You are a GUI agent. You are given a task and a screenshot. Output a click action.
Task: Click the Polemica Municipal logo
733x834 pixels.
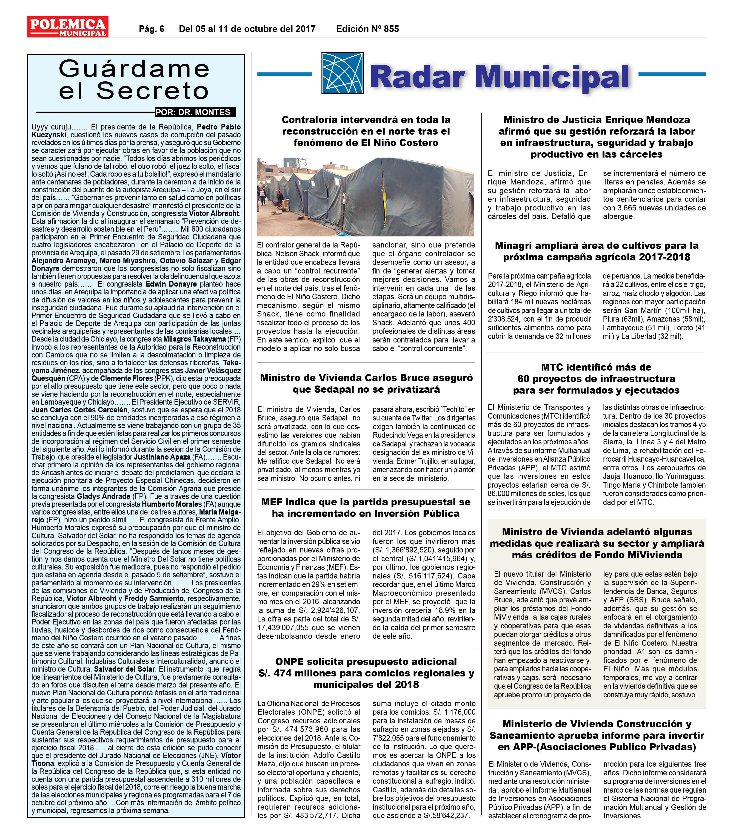68,26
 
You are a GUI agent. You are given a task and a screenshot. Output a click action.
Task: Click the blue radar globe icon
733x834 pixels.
342,73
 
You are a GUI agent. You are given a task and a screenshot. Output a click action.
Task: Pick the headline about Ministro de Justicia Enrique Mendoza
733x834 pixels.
596,137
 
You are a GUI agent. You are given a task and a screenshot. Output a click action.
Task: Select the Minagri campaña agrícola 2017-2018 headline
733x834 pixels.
596,251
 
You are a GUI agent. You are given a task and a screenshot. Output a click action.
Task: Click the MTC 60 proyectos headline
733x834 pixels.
596,379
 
